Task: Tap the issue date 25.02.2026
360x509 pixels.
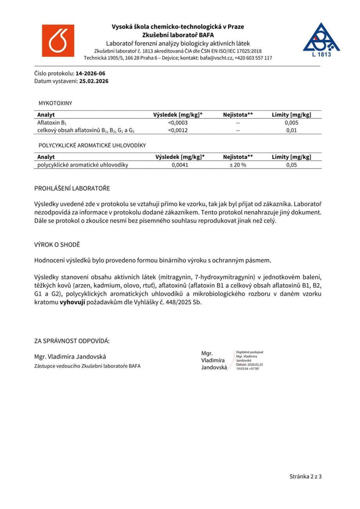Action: pos(94,81)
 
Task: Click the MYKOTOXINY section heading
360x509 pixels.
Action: pos(55,103)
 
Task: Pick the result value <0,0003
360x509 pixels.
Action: pos(178,123)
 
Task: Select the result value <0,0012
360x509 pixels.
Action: pos(178,130)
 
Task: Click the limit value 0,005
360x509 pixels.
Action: pos(292,123)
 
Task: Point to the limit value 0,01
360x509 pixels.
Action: pos(292,130)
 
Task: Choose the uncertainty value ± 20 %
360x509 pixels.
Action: pos(237,165)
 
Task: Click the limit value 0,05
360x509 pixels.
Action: pos(292,165)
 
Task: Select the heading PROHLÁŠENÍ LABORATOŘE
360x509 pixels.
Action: pos(72,188)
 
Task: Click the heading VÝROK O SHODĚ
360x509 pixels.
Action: pos(57,245)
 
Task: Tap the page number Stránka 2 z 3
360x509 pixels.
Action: pos(306,476)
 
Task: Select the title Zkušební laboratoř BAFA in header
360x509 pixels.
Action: pos(178,35)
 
